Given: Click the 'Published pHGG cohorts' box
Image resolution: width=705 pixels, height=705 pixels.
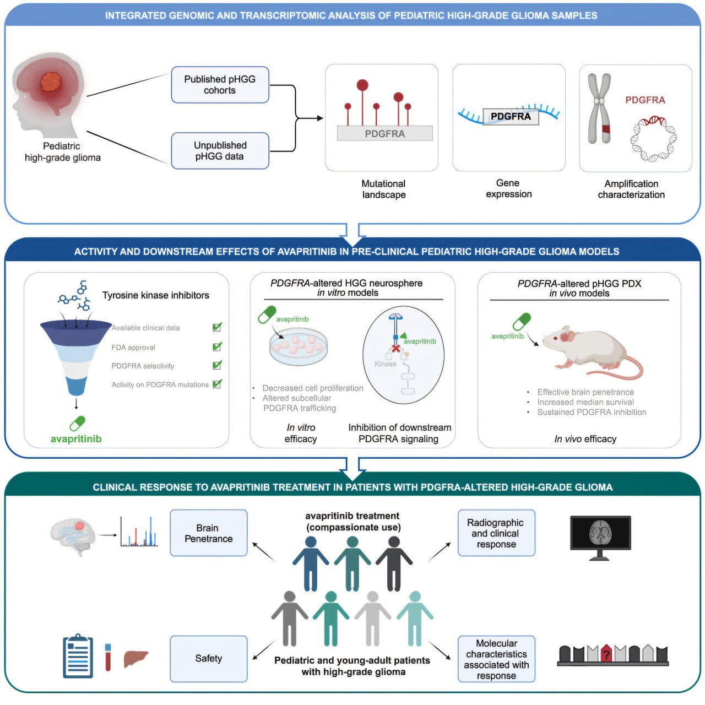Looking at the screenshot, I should click(x=220, y=85).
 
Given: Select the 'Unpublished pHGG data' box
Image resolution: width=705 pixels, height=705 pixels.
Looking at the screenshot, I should click(x=220, y=150).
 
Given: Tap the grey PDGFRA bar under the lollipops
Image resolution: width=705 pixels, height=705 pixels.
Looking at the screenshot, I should click(x=384, y=133).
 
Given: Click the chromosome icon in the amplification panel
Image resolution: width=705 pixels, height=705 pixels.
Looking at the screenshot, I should click(x=600, y=109).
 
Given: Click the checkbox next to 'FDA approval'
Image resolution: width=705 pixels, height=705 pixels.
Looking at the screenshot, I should click(x=217, y=347).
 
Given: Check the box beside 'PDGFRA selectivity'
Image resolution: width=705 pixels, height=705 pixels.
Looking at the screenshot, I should click(x=217, y=365).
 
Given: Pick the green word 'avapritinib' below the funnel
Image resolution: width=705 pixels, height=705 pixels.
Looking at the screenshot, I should click(x=76, y=439).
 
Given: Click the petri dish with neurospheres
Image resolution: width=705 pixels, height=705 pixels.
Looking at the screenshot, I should click(x=299, y=346).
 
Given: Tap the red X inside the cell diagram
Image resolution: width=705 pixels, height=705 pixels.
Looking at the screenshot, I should click(x=395, y=348).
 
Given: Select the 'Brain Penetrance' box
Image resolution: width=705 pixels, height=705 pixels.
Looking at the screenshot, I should click(x=208, y=533).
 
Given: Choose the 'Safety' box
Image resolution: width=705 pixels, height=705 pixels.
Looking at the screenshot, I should click(x=208, y=659).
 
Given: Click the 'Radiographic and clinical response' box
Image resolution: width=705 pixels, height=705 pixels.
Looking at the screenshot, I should click(x=496, y=533).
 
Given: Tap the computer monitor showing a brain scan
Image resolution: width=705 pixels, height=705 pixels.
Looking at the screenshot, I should click(x=600, y=535).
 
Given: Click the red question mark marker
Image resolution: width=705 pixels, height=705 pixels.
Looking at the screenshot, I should click(x=606, y=654).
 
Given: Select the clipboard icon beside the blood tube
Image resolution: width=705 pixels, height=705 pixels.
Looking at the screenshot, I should click(x=78, y=657).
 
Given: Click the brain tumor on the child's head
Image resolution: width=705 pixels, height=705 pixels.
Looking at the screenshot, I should click(x=52, y=83).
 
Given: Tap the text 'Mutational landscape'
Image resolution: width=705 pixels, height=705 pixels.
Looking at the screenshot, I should click(x=383, y=189).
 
